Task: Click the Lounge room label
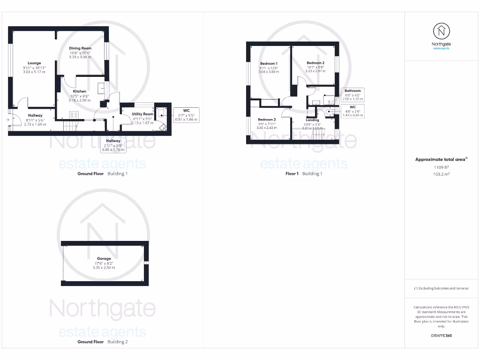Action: (34, 63)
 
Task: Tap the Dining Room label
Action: (80, 48)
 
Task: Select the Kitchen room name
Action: (79, 91)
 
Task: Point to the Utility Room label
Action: (142, 114)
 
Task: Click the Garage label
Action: (104, 259)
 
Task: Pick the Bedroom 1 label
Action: (269, 63)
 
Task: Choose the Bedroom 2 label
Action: (315, 63)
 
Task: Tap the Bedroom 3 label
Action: (267, 120)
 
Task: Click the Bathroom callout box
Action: (352, 95)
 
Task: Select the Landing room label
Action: (312, 120)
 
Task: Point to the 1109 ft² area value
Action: (441, 167)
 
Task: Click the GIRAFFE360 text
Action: (441, 336)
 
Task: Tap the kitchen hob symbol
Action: (74, 114)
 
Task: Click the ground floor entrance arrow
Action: (8, 120)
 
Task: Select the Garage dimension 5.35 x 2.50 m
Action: (104, 267)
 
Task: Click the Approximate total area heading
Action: (441, 160)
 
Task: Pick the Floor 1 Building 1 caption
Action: (304, 173)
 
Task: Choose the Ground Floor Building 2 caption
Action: (102, 342)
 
